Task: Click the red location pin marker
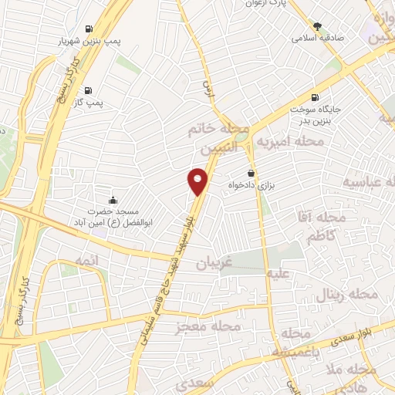pos(198,182)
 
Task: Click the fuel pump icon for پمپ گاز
pos(90,89)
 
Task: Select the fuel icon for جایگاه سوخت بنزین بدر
pos(314,97)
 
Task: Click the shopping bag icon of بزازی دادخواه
pos(250,174)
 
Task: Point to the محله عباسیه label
pos(369,182)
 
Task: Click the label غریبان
pos(213,262)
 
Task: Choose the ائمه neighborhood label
pos(89,262)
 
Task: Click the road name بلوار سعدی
pos(355,337)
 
